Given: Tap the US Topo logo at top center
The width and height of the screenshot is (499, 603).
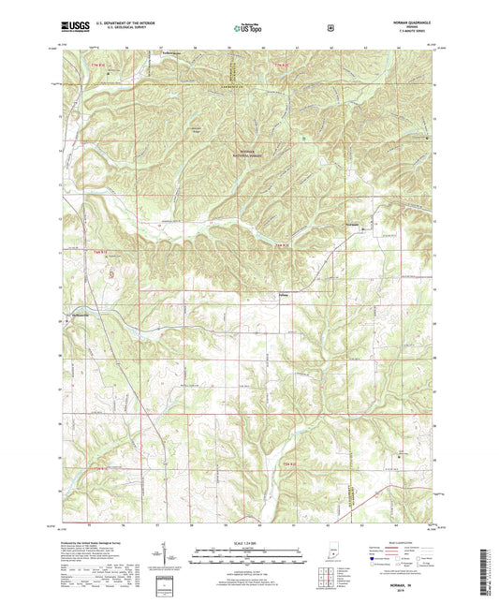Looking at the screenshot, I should point(250,29).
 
